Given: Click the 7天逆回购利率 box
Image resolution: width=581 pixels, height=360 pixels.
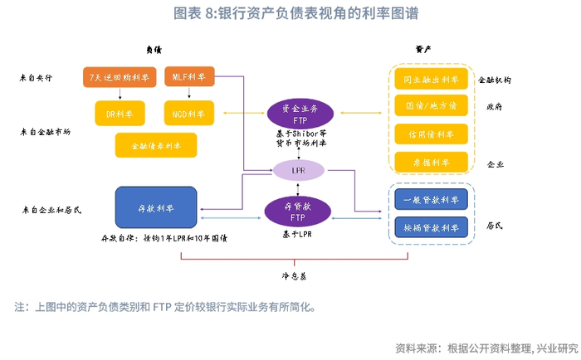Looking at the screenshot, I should click(120, 78).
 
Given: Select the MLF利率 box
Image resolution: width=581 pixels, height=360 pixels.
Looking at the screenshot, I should click(189, 77).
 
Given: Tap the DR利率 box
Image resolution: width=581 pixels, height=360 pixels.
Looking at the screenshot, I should click(120, 112).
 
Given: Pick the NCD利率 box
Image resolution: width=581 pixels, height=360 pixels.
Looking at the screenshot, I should click(189, 112).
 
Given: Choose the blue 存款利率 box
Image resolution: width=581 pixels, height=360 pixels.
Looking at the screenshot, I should click(156, 208).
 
